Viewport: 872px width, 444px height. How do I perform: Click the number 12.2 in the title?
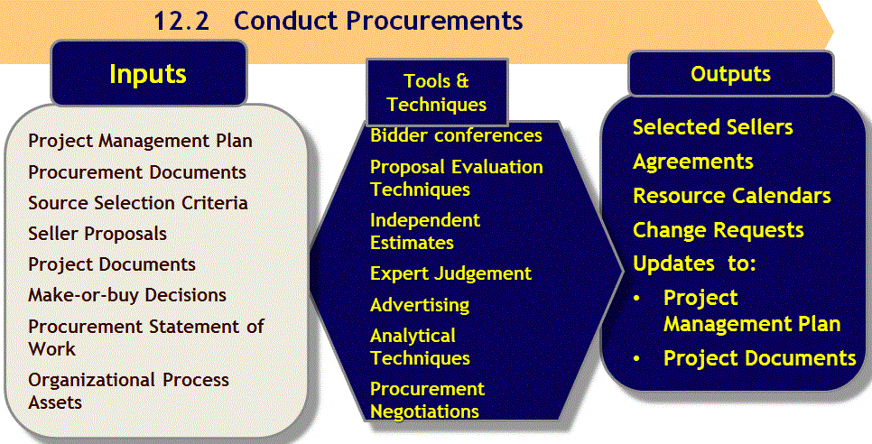tap(181, 21)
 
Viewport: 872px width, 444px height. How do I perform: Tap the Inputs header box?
tap(148, 73)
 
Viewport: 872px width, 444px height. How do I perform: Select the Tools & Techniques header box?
tap(437, 92)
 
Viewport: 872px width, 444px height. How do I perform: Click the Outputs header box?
tap(731, 73)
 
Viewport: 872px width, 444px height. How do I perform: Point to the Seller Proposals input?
tap(97, 234)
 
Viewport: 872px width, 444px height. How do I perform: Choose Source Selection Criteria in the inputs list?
tap(138, 202)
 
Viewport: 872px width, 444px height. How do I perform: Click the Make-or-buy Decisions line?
tap(127, 294)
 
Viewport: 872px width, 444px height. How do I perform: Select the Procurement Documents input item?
tap(137, 171)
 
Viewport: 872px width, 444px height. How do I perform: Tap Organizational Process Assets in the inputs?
tap(128, 391)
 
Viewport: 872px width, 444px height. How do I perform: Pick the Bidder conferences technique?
tap(456, 135)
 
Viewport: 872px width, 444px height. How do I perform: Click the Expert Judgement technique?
tap(451, 273)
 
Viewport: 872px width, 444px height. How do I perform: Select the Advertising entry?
tap(420, 305)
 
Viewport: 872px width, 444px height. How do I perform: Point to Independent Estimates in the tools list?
tap(425, 231)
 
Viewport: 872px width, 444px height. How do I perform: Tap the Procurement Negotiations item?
tap(427, 400)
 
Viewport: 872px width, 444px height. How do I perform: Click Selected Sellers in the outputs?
tap(713, 126)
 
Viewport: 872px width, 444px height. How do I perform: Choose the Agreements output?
tap(693, 162)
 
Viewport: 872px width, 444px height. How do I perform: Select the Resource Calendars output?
tap(732, 196)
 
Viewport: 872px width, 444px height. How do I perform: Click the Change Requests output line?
tap(718, 230)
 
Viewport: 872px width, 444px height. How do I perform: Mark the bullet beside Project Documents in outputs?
tap(637, 358)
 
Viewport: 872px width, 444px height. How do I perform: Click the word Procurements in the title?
tap(434, 21)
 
